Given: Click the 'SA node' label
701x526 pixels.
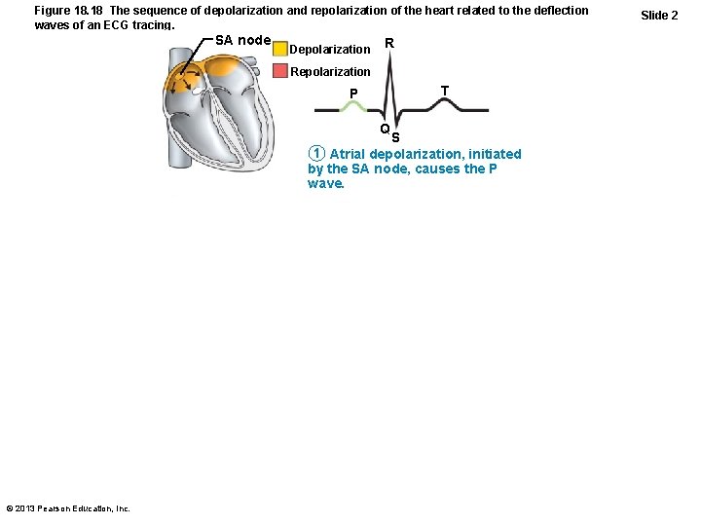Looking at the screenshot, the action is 242,40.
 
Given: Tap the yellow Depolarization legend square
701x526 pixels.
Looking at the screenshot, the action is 280,49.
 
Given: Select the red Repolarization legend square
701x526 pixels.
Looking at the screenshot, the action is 280,71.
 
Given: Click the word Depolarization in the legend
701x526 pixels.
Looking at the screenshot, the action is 330,49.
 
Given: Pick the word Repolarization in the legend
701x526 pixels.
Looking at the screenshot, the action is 330,71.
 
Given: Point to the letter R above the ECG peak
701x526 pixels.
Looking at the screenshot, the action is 389,43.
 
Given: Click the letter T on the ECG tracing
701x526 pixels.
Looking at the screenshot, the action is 444,91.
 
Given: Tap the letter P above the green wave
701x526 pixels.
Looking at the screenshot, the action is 354,94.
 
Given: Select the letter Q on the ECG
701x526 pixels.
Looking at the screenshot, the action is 386,129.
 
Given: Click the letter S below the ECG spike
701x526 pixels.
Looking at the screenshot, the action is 395,137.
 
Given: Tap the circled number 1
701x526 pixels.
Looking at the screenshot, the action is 314,154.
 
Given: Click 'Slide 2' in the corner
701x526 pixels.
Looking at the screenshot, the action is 659,16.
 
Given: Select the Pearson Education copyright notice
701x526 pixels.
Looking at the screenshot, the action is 68,508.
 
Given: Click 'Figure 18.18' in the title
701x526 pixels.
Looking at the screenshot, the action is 69,10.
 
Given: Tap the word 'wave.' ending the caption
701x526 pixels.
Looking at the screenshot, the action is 326,182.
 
